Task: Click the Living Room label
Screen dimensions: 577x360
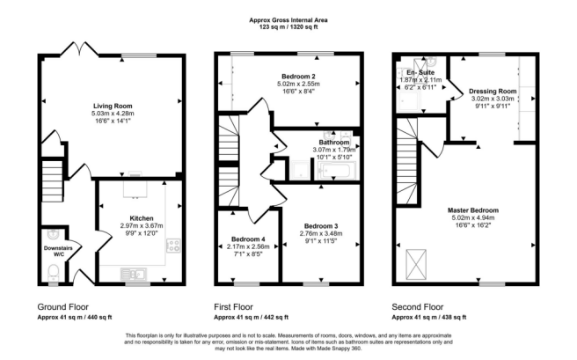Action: (x=113, y=106)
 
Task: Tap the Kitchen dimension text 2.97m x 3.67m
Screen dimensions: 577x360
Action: (x=142, y=225)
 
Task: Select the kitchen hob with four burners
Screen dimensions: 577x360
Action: (x=173, y=246)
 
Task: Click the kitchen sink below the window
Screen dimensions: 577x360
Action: (x=134, y=275)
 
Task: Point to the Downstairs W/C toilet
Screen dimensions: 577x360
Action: (x=54, y=273)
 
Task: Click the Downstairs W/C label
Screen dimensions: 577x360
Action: (x=58, y=251)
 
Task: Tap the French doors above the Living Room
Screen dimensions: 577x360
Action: (x=79, y=49)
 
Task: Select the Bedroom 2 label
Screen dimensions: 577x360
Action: (x=298, y=77)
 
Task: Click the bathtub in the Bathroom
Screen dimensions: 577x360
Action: (x=337, y=171)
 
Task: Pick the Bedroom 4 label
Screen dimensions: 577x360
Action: (x=248, y=239)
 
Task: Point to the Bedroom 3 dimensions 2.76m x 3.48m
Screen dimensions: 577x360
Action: (x=321, y=233)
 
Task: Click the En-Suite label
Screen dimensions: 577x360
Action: (x=420, y=72)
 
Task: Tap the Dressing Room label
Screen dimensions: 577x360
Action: (x=493, y=92)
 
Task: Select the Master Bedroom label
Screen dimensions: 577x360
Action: (x=473, y=210)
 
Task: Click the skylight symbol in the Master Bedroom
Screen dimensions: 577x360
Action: (x=416, y=265)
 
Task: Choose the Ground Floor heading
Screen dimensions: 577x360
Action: (x=63, y=307)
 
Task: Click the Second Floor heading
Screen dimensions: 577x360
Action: (x=418, y=307)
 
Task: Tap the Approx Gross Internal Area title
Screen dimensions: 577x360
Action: (x=288, y=20)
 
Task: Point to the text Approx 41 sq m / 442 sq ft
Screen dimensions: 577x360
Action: (x=251, y=317)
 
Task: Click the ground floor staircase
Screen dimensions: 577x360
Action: (x=52, y=180)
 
